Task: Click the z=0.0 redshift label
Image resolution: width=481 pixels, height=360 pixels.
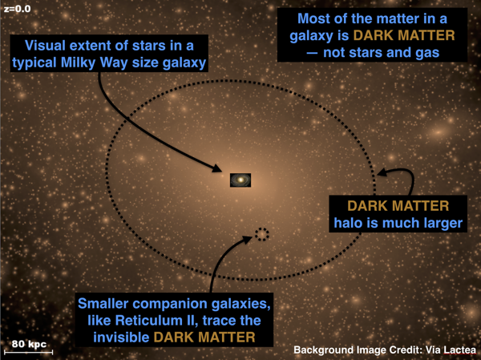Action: click(17, 9)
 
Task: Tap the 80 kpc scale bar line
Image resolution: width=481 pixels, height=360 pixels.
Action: click(29, 352)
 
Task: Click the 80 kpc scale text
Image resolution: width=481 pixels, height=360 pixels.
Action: click(29, 344)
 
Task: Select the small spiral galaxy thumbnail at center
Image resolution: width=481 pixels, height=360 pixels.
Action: click(240, 180)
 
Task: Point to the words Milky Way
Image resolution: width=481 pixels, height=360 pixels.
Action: click(94, 63)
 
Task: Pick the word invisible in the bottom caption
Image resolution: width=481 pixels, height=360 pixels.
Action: click(121, 338)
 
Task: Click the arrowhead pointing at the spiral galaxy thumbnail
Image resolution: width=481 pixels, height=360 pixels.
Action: click(217, 168)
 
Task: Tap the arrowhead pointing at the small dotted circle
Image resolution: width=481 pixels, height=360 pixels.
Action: click(248, 240)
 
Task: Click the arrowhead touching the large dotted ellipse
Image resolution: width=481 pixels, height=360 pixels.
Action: click(382, 172)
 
